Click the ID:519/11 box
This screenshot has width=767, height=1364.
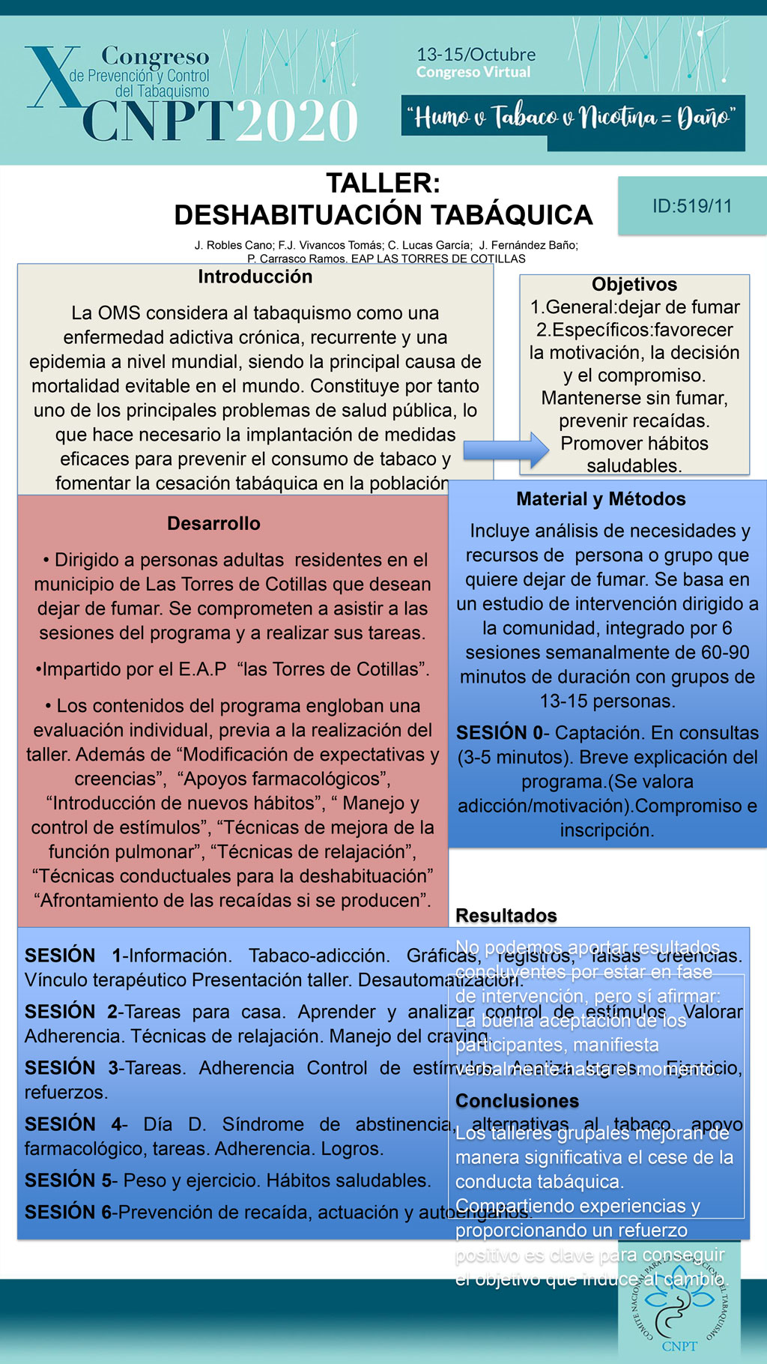691,206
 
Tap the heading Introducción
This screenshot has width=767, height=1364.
255,277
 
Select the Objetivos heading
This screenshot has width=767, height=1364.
634,284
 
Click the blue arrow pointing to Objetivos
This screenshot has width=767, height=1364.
506,450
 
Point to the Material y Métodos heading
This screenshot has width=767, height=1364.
601,499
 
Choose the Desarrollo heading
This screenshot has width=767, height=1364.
213,523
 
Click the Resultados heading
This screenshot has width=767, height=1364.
506,916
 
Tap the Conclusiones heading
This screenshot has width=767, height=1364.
517,1101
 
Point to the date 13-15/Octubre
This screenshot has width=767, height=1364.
476,55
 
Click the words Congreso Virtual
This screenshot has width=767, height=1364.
473,73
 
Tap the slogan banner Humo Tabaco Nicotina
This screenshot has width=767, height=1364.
573,118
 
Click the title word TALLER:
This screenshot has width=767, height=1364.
383,184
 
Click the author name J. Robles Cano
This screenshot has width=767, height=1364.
234,245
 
